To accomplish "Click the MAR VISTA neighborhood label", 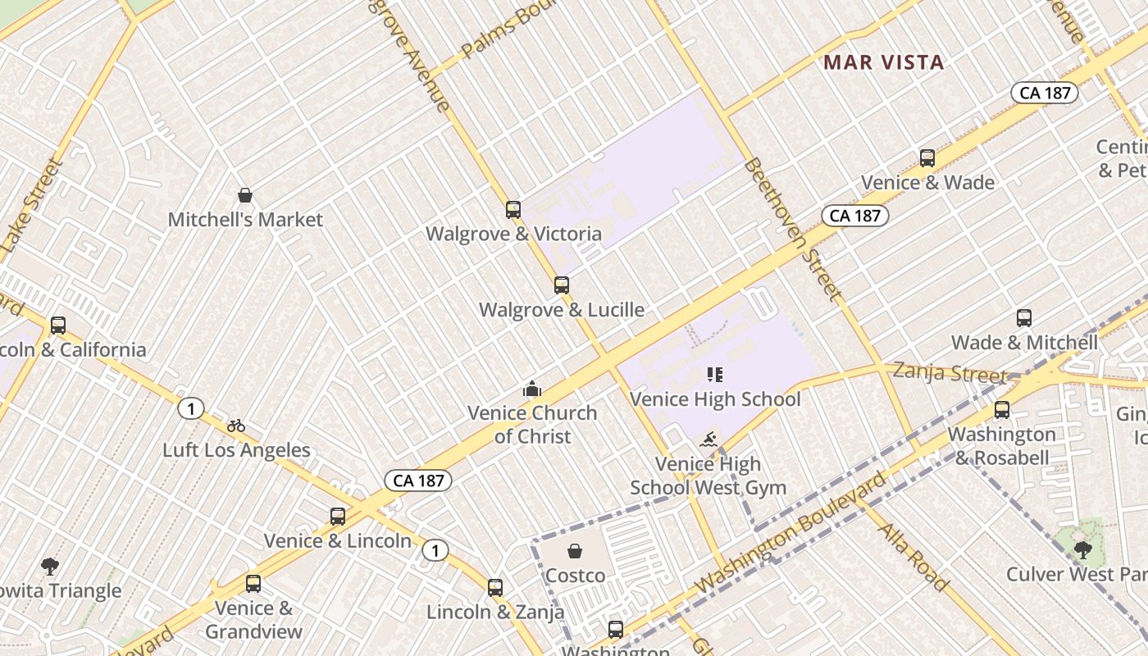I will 883,62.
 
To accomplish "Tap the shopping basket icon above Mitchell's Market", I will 244,195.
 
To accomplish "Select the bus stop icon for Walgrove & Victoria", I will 513,210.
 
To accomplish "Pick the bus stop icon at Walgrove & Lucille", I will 562,285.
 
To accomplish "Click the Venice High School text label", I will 715,399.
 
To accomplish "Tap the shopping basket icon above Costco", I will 575,550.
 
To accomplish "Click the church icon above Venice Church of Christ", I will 532,389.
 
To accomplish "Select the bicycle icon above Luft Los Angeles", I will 236,426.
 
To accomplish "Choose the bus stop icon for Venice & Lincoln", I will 338,517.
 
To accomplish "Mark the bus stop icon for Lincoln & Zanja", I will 495,588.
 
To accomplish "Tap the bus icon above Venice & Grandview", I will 253,584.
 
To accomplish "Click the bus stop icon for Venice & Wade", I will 927,158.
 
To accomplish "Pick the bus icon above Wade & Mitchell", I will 1024,318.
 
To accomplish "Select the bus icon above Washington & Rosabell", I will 1002,410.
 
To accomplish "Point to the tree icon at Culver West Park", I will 1083,549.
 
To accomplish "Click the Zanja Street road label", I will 950,373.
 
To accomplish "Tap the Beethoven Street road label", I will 792,229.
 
